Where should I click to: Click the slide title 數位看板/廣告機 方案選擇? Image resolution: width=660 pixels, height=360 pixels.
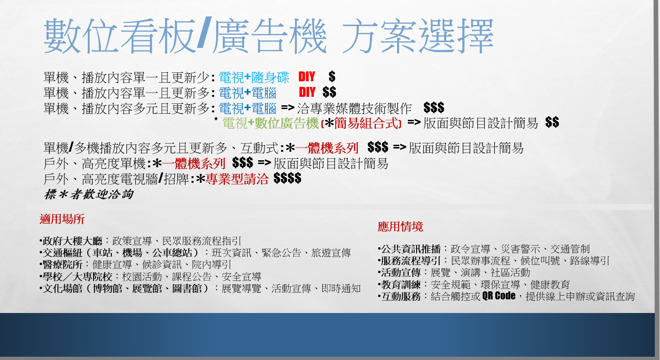pos(269,36)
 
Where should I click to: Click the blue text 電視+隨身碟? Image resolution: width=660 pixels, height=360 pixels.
pos(254,77)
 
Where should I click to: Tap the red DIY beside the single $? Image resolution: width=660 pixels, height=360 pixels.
pos(307,77)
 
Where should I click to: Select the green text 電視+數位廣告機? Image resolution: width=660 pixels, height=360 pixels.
pos(271,123)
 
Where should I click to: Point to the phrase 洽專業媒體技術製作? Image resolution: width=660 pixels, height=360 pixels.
pos(354,108)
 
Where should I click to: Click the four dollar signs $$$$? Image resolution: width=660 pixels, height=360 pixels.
pos(287,179)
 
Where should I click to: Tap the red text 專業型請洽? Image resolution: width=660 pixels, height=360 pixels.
pos(237,179)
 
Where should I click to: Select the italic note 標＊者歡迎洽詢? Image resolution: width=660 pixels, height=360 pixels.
pos(88,194)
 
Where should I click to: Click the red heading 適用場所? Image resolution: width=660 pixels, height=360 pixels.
pos(62,219)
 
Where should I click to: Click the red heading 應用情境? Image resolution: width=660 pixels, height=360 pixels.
pos(400,227)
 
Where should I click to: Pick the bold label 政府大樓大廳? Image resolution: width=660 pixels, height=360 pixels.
pos(72,241)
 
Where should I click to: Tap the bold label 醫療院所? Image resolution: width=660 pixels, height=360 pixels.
pos(62,265)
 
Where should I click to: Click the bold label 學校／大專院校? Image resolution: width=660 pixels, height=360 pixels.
pos(78,276)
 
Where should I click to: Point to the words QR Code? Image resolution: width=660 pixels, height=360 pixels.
pos(499,296)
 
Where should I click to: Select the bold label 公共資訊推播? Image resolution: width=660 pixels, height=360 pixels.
pos(411,249)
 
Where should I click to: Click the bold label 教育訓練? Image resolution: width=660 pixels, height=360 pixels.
pos(401,284)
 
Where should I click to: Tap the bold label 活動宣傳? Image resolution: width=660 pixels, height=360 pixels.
pos(401,273)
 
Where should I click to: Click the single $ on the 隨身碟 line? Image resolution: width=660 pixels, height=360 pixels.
pos(332,76)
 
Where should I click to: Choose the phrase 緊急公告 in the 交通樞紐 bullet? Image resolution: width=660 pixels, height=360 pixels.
pos(281,253)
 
